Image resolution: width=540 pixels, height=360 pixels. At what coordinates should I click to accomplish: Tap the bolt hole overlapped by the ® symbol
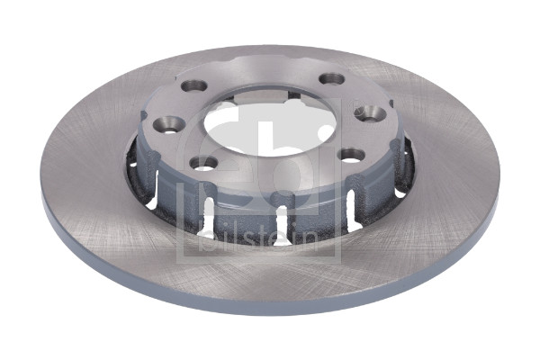(370, 114)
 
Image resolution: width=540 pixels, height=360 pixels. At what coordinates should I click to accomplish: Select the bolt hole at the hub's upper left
(193, 85)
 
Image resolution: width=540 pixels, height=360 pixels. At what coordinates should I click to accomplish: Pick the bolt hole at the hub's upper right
(332, 79)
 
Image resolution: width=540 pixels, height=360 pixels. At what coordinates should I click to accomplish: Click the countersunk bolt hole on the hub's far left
(168, 123)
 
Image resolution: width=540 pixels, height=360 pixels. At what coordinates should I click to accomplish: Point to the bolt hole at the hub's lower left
(203, 163)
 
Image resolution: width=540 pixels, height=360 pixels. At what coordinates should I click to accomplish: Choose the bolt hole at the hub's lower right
(351, 156)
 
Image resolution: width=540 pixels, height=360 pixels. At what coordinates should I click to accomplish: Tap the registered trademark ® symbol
(355, 104)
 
